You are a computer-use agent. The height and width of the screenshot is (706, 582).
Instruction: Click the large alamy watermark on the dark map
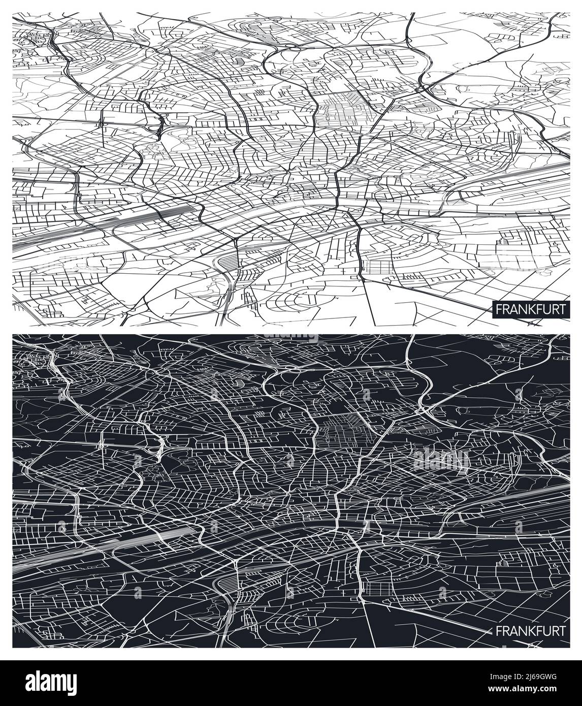click(x=442, y=460)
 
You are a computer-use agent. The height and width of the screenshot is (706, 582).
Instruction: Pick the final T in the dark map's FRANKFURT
click(x=561, y=631)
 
